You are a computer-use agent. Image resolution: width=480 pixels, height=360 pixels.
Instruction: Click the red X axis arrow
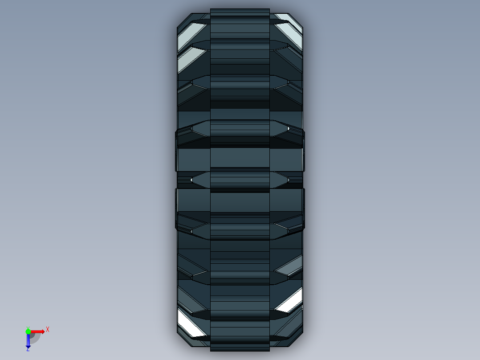(37, 331)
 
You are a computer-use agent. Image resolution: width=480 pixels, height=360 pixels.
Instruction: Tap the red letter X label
(48, 329)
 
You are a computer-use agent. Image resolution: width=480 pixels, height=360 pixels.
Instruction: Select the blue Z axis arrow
(28, 341)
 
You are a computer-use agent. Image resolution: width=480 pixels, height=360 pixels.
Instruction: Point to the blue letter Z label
(28, 349)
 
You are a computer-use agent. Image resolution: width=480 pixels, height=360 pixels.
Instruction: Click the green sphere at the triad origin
(28, 331)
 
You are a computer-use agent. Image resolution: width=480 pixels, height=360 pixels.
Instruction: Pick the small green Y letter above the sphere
(28, 327)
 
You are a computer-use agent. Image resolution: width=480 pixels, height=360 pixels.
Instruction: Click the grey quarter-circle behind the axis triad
(34, 338)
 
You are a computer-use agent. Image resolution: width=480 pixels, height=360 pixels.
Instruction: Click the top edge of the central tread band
(240, 9)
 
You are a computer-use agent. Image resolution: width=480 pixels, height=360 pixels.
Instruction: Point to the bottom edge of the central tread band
(240, 350)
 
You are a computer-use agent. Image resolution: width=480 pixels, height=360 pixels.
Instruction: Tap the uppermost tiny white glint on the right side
(289, 128)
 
